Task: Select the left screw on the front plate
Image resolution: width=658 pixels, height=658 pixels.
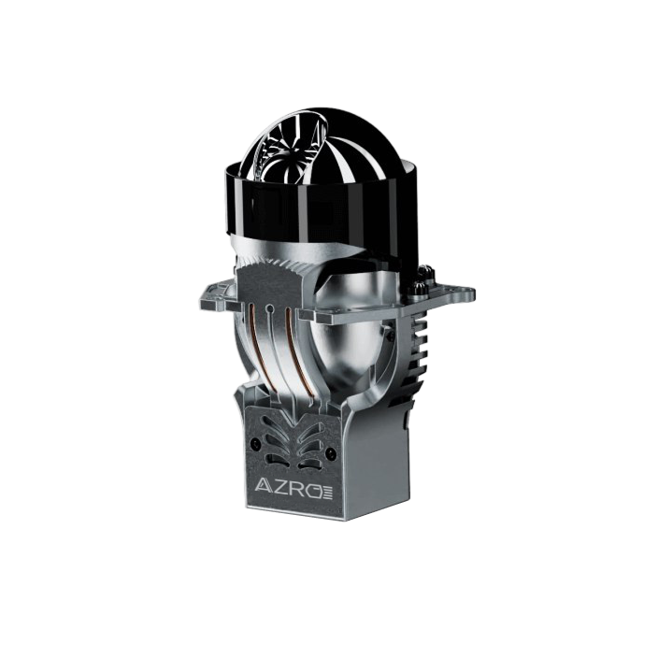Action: (252, 444)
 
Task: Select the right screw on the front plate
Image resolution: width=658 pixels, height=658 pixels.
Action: (333, 454)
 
